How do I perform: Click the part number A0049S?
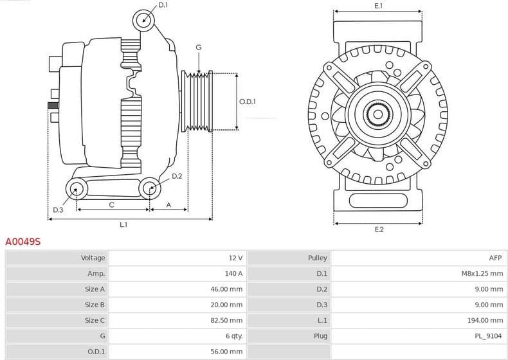coord(23,242)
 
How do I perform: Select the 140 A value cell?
coord(234,273)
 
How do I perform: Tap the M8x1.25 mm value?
coord(482,273)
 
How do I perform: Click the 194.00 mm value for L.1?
coord(487,320)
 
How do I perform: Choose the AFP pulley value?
coord(496,258)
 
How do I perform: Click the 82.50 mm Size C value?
coord(227,320)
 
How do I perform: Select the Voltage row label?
coord(93,258)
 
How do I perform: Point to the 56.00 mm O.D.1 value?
coord(227,352)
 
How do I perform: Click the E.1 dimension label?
coord(379,6)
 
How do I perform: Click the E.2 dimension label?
coord(379,230)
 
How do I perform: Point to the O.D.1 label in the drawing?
coord(248,102)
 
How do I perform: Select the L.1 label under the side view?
coord(123,224)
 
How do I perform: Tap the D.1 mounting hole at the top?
coord(144,21)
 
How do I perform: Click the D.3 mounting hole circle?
coord(77,188)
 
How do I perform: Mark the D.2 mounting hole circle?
coord(150,188)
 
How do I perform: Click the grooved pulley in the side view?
coord(197,101)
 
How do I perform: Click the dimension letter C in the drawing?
coord(111,205)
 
